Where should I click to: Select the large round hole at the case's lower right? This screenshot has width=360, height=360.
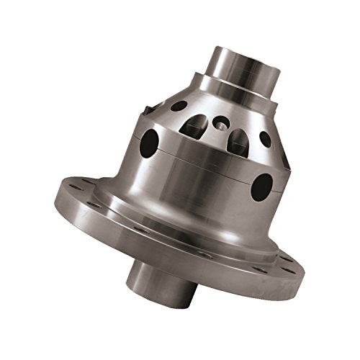pos(263,185)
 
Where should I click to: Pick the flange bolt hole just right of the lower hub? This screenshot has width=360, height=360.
pos(205,255)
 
